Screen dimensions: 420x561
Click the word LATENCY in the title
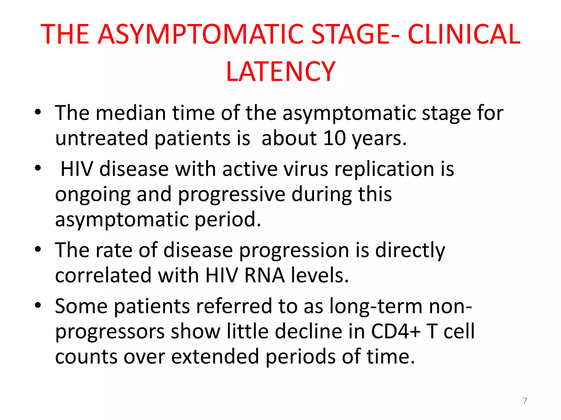280,72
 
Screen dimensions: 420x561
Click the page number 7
525,401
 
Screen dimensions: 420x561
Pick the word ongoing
93,195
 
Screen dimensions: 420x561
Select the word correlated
104,275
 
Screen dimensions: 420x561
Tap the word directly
410,250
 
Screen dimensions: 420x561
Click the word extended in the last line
215,357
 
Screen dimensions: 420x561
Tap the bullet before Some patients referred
38,305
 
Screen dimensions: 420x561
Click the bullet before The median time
38,112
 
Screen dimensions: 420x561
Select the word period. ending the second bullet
228,220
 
